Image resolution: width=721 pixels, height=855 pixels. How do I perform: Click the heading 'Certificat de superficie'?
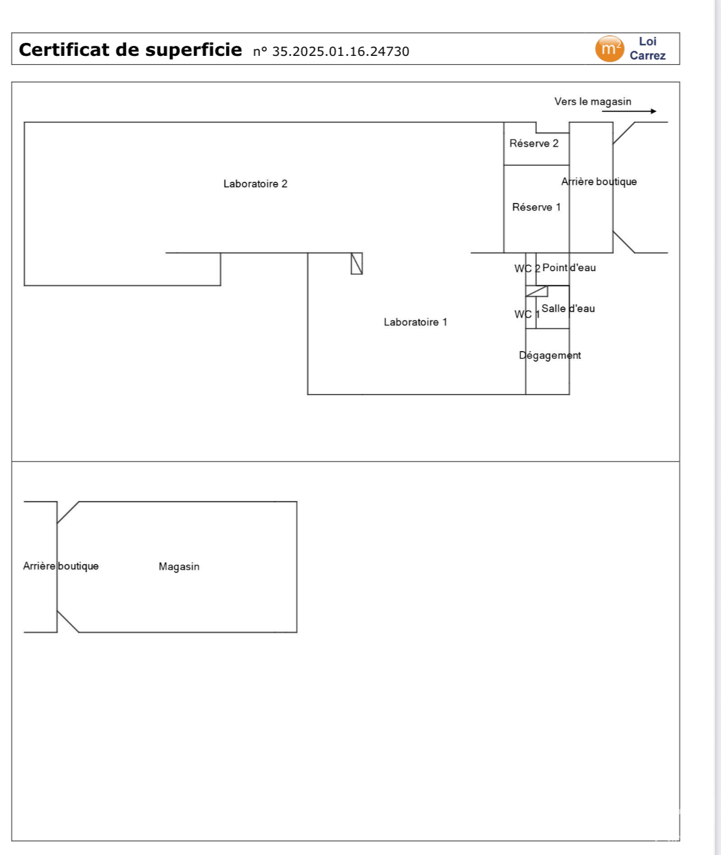pos(130,50)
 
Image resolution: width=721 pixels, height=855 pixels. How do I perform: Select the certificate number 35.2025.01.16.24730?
pos(331,52)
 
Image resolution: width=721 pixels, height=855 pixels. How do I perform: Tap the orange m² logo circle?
pos(609,49)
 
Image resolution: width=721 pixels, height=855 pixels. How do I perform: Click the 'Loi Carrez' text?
pos(647,49)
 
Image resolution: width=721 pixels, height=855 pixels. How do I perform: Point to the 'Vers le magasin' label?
pos(592,102)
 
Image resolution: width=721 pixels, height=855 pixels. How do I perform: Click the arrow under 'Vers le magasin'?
pos(629,111)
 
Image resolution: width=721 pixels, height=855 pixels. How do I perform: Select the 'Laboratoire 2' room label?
pos(255,184)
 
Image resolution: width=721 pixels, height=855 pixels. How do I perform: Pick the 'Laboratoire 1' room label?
pos(415,322)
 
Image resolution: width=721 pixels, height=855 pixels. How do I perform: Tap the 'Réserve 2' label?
pos(534,143)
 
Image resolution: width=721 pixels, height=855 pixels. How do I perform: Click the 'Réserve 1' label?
pos(536,208)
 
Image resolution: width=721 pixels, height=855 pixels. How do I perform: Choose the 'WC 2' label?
pos(527,269)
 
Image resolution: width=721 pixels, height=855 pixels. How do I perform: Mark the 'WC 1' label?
pos(527,315)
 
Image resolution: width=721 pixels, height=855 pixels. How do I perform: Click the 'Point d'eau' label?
pos(569,268)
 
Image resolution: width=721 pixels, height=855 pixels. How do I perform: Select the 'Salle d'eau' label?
pos(568,309)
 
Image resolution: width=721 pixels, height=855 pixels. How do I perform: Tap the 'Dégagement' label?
pos(550,356)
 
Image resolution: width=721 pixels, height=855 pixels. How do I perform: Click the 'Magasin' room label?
pos(179,567)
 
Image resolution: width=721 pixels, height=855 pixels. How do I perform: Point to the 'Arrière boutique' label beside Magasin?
pos(61,566)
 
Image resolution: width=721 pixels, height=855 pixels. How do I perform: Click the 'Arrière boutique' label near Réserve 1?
pos(599,182)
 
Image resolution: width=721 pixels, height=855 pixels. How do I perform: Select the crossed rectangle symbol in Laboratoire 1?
pos(356,263)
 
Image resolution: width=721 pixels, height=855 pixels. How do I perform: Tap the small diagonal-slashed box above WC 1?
pos(536,291)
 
